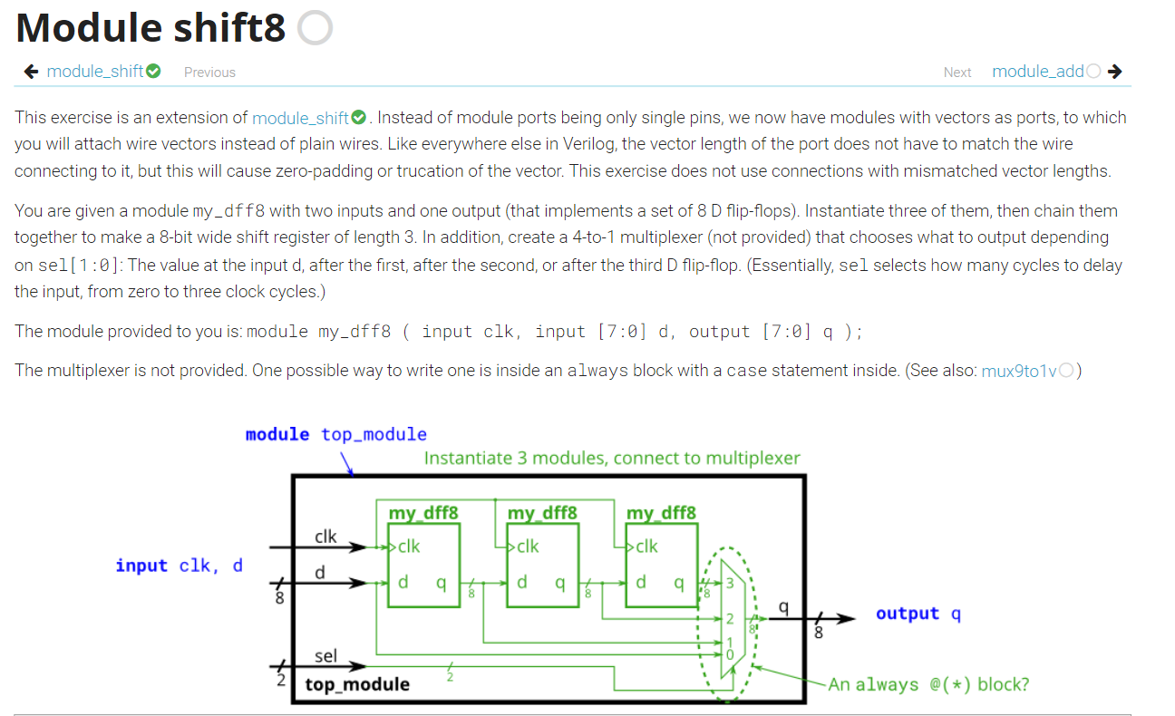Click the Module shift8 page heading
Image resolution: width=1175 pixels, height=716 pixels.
(151, 28)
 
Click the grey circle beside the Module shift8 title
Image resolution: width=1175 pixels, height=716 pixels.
(315, 29)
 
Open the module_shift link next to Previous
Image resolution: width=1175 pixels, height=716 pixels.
(95, 72)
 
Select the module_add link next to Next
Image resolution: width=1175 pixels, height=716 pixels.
(1038, 72)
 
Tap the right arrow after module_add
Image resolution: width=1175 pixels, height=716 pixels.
(1115, 72)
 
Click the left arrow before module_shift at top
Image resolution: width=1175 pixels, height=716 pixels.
(31, 72)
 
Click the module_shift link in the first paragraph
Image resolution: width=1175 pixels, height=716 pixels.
(300, 118)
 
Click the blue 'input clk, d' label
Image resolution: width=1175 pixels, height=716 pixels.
(179, 566)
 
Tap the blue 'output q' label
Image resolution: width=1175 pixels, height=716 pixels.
(918, 614)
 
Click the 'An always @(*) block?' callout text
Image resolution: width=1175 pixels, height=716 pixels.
(928, 684)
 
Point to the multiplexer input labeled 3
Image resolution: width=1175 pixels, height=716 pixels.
(729, 583)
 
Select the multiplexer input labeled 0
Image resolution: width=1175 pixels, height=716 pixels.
(729, 654)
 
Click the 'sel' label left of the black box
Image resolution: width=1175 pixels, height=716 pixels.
(325, 655)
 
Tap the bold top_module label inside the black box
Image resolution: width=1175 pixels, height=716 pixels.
(357, 684)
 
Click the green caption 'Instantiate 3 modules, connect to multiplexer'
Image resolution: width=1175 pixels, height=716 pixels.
(612, 458)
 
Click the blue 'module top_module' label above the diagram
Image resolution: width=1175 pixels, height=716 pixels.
(335, 434)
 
